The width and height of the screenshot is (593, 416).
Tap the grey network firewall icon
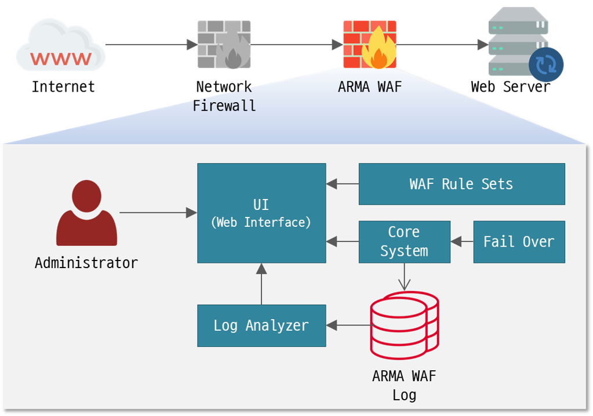point(224,45)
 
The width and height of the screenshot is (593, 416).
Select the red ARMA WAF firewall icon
point(369,45)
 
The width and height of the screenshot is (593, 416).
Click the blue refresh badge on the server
point(545,64)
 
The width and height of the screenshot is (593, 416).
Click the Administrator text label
point(86,263)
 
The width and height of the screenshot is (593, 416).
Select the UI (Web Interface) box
point(261,213)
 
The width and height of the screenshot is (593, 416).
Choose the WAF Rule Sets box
point(461,184)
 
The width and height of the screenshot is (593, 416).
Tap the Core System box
point(404,241)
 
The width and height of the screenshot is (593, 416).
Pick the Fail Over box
point(519,241)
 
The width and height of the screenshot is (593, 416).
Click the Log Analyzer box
point(261,325)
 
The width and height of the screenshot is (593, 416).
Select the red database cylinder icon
point(404,325)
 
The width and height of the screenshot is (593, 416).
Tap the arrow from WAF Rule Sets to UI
point(343,184)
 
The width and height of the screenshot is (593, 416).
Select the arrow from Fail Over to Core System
point(462,241)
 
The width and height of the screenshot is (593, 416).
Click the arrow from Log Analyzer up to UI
point(261,284)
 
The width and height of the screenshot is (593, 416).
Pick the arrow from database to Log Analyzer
point(348,325)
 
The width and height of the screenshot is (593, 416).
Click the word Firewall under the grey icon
point(224,106)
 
